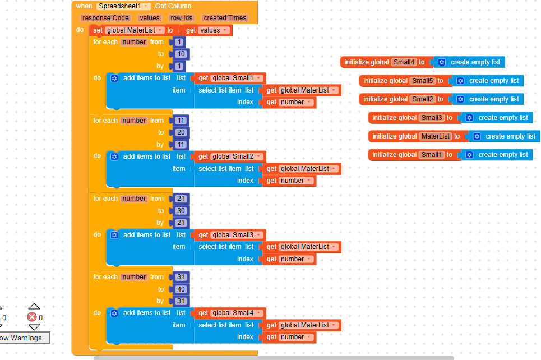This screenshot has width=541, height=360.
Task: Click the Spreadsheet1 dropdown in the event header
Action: click(123, 6)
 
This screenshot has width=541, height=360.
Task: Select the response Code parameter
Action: click(105, 18)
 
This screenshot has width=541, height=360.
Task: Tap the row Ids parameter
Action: click(181, 18)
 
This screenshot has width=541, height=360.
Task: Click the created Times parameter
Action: click(225, 18)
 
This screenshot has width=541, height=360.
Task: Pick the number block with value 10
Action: click(181, 54)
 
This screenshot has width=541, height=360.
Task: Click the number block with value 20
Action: click(181, 132)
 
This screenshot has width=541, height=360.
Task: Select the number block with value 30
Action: click(181, 211)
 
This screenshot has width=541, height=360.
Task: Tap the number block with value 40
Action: click(181, 289)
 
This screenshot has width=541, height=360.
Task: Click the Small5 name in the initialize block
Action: click(423, 81)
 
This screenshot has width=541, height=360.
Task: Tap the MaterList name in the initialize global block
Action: click(436, 136)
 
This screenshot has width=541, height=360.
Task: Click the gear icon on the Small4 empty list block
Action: click(442, 62)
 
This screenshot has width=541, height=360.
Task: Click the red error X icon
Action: click(32, 317)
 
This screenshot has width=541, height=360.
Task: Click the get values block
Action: click(207, 30)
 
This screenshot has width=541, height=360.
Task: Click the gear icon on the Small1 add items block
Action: click(114, 78)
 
